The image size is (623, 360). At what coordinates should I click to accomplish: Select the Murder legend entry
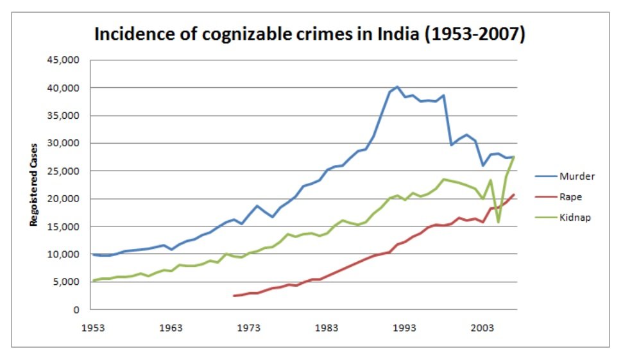(576, 176)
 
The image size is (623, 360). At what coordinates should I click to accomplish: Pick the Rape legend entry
(571, 196)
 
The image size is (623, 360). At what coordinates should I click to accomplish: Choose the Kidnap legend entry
(575, 217)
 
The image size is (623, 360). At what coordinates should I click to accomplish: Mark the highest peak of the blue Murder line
(397, 87)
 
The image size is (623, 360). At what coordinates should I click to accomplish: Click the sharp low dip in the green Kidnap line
(498, 222)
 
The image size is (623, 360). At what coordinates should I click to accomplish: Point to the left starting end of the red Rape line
(234, 296)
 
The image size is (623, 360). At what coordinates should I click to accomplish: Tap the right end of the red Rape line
(514, 194)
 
